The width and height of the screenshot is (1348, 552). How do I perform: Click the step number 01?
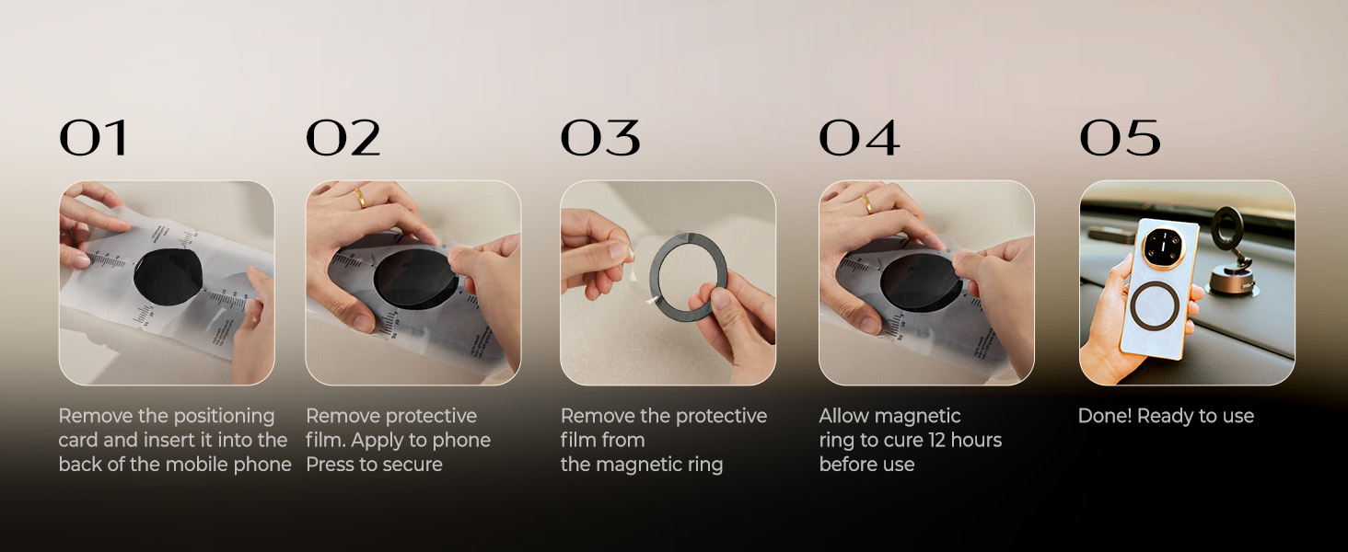tap(92, 139)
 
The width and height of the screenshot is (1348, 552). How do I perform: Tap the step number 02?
tap(343, 139)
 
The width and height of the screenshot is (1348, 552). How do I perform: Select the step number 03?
tap(599, 139)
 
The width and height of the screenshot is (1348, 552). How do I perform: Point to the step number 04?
tap(859, 139)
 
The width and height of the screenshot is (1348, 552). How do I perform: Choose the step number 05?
tap(1120, 139)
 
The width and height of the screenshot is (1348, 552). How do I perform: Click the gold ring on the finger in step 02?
tap(361, 198)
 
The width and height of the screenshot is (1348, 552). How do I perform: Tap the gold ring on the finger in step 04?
tap(868, 203)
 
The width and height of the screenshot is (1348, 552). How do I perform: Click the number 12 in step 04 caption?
tap(937, 441)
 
